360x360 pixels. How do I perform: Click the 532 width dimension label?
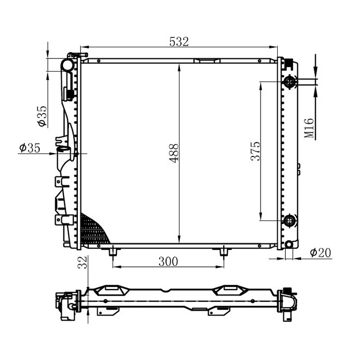tap(179, 41)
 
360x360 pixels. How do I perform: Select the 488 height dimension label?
tap(174, 153)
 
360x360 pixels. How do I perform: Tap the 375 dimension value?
tap(256, 151)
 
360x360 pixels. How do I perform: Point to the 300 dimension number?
tap(168, 261)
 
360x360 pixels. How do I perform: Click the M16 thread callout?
tap(309, 128)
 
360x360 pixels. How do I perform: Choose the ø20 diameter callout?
tap(320, 252)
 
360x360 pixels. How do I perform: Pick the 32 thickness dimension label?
tap(82, 262)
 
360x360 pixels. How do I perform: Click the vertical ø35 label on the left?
tap(42, 116)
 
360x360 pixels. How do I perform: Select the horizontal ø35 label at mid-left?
tap(30, 148)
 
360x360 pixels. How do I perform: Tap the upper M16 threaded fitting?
tap(290, 82)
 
